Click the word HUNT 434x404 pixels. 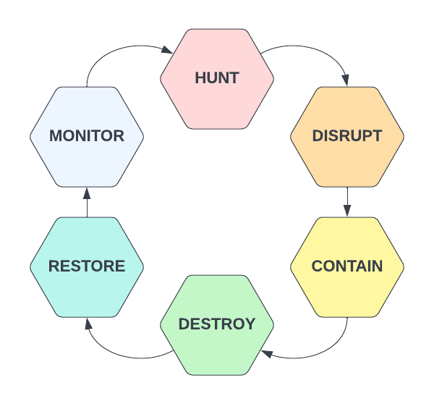(x=217, y=78)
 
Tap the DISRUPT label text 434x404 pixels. (x=347, y=136)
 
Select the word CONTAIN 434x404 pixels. (x=347, y=266)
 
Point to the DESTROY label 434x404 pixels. (x=217, y=324)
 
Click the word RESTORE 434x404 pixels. (x=87, y=266)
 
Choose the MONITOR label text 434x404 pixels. (x=87, y=136)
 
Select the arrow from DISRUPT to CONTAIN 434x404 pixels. (x=347, y=201)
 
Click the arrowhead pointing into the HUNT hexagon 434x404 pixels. (x=167, y=51)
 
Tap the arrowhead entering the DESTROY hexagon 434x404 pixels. (x=267, y=353)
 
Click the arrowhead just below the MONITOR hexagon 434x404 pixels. (x=87, y=193)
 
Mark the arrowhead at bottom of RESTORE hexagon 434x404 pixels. (x=88, y=323)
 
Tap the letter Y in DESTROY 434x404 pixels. (x=250, y=324)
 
